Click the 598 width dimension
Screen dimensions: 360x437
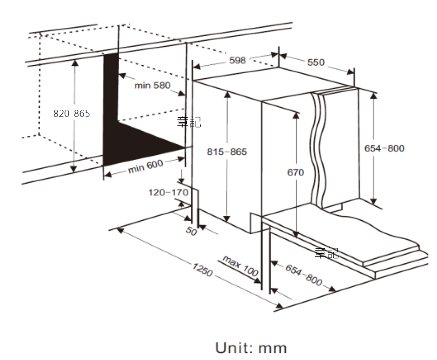[x=237, y=60]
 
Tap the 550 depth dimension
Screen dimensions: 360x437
[x=316, y=62]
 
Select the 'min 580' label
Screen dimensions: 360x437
[x=152, y=85]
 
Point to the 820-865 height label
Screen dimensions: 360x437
[x=72, y=113]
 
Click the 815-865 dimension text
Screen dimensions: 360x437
[x=227, y=152]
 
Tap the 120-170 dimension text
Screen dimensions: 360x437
[x=168, y=192]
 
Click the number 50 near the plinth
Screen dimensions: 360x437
[x=191, y=230]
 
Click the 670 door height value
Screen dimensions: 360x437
[x=296, y=172]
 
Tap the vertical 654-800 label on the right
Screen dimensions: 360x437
[x=384, y=148]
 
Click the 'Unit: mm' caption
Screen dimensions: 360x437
[x=251, y=348]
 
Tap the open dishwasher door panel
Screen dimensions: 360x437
[x=353, y=234]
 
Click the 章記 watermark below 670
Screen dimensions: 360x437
[x=327, y=253]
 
